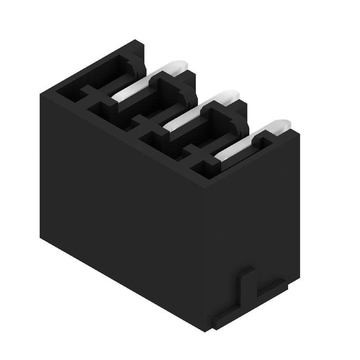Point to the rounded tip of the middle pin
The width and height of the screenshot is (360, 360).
click(229, 95)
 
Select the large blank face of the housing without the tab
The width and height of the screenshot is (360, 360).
click(121, 202)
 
